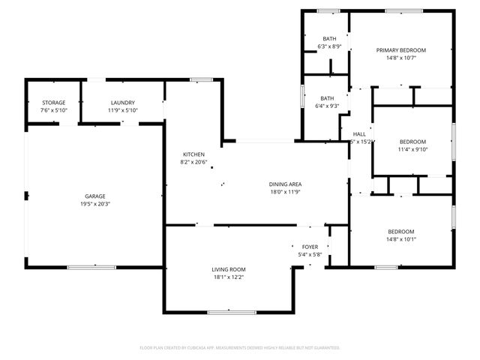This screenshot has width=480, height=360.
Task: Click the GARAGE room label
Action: (94, 196)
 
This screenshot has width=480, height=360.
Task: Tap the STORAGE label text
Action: (53, 103)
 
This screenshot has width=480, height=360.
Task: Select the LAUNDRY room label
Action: (122, 103)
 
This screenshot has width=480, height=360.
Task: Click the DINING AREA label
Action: (285, 184)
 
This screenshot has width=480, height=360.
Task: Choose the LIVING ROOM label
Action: (228, 269)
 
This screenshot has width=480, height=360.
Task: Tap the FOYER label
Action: (310, 247)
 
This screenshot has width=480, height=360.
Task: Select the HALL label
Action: (358, 134)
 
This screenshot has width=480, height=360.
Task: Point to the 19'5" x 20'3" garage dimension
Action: (94, 204)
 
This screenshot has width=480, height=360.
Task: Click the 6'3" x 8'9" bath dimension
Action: (329, 46)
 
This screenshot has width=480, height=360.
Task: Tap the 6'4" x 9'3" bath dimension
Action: (328, 106)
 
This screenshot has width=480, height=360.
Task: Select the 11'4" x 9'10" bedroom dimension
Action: (412, 149)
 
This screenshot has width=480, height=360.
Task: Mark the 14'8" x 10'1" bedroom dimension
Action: (401, 239)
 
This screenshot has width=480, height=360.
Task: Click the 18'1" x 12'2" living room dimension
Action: (228, 277)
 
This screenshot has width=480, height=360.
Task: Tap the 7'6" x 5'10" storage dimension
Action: (53, 110)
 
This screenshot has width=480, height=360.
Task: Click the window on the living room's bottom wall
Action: (228, 312)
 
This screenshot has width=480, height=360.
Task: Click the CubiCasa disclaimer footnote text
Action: (240, 347)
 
